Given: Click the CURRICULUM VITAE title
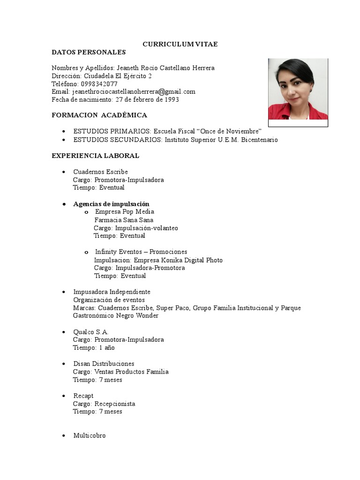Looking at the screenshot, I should (x=180, y=44).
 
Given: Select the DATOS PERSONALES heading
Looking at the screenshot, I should (x=89, y=52).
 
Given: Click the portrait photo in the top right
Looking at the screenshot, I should (x=298, y=90).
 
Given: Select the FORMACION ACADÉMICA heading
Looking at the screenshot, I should (x=99, y=115).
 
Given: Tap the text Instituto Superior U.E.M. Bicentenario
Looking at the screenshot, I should (x=220, y=140).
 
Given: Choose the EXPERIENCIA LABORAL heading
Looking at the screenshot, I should (x=95, y=156).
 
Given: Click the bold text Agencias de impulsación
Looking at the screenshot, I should (x=111, y=204).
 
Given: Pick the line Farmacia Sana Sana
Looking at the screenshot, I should (x=124, y=220).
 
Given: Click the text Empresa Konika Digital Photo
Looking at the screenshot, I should (x=178, y=260).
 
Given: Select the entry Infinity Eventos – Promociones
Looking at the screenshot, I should (x=141, y=252).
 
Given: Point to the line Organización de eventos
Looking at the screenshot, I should (x=109, y=300).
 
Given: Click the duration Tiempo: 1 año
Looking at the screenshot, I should (x=94, y=348).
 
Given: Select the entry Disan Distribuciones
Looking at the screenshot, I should (x=104, y=364).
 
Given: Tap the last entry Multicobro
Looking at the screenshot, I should (x=90, y=435).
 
